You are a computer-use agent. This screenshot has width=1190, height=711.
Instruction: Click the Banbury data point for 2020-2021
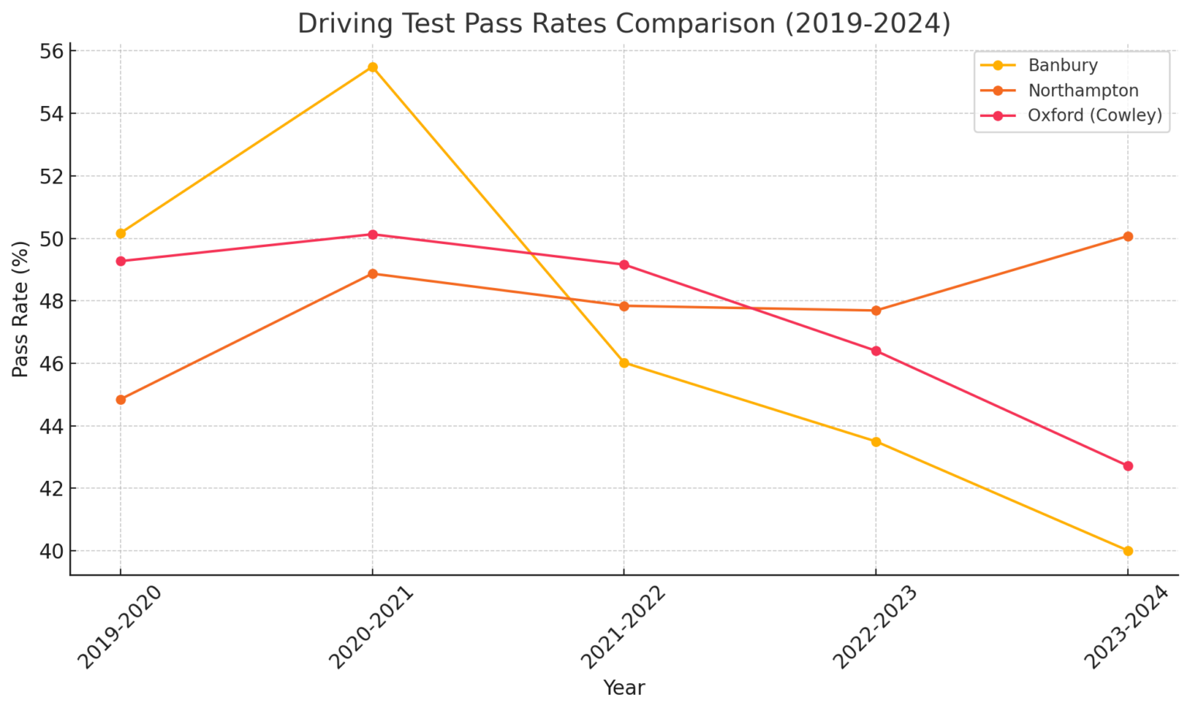(x=373, y=67)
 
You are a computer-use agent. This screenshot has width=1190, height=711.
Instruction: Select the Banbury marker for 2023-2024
(x=1128, y=551)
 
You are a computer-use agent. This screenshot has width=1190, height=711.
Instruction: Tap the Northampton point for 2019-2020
(x=121, y=400)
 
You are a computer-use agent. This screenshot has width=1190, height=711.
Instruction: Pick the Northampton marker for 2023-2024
(x=1128, y=236)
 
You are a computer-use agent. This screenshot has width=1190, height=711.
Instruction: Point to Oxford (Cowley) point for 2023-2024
(x=1128, y=466)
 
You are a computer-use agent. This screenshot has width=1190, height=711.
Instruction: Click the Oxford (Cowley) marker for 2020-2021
(x=373, y=234)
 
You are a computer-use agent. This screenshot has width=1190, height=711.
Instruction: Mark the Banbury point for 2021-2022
(x=624, y=362)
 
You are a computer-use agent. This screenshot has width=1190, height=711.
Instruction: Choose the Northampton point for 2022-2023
(x=876, y=311)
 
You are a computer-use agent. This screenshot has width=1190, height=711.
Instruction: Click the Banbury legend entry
(x=1062, y=66)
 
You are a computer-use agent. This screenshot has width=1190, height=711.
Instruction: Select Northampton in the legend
(x=1082, y=91)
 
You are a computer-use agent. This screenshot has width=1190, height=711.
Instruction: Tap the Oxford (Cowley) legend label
(x=1094, y=115)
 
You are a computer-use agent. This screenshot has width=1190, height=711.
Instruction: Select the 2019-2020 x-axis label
(x=119, y=627)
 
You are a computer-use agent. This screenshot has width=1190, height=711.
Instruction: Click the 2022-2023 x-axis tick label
(x=875, y=627)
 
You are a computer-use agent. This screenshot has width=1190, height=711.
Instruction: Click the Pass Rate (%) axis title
(x=21, y=309)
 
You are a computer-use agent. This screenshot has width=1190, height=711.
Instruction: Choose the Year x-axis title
(x=624, y=688)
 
